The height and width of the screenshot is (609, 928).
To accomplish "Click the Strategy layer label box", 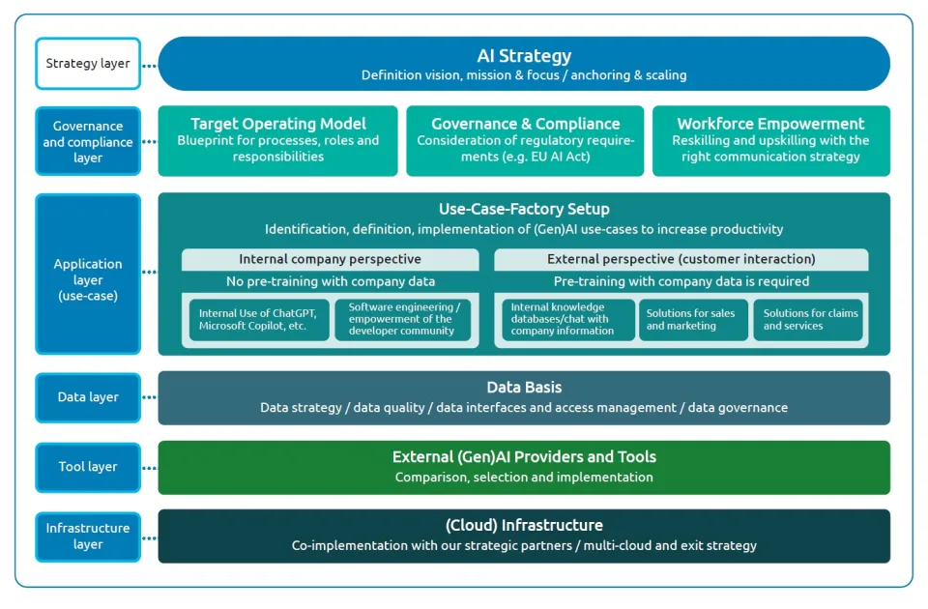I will point(88,64).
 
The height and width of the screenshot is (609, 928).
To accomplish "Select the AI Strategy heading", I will point(524,56).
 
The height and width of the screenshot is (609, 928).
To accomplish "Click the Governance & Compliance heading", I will point(525,124).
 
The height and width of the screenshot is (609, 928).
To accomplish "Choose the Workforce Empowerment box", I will point(770,141).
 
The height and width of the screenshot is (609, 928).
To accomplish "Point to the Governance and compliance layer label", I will point(88,141).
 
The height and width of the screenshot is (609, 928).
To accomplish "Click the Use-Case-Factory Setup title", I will point(524,209).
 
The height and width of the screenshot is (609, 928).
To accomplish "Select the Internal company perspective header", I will point(330,259).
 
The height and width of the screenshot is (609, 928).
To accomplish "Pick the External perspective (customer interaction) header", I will point(681,259).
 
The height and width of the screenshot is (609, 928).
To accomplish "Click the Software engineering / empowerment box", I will point(403,320).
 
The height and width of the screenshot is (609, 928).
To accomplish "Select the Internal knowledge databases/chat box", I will point(567,320).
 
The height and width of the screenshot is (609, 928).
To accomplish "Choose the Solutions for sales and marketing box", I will point(693,320).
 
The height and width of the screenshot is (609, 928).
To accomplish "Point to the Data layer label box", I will point(88,397).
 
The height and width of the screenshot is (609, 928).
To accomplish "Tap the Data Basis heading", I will point(524,388).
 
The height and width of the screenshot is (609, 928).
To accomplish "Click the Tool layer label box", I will point(88,467).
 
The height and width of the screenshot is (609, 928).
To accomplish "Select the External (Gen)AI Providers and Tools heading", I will point(524,457).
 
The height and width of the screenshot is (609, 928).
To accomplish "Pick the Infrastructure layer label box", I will point(88,536).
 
